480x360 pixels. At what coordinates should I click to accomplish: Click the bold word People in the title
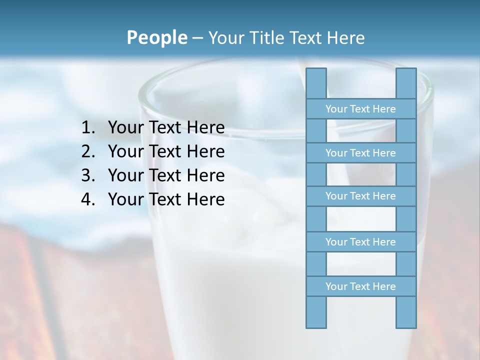(x=156, y=38)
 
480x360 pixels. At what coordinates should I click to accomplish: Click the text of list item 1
(x=166, y=128)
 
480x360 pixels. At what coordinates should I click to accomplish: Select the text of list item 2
(x=166, y=151)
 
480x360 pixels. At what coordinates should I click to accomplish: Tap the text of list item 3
(x=166, y=175)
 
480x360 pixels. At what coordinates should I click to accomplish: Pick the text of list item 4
(x=166, y=199)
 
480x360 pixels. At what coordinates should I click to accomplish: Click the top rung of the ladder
(x=360, y=109)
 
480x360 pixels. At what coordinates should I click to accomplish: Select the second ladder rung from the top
(x=360, y=153)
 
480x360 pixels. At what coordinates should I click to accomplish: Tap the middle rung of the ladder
(x=360, y=196)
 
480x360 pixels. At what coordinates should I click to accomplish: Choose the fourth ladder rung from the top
(x=360, y=242)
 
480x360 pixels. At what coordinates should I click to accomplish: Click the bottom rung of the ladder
(x=360, y=286)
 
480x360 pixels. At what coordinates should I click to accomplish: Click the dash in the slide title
(x=197, y=38)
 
